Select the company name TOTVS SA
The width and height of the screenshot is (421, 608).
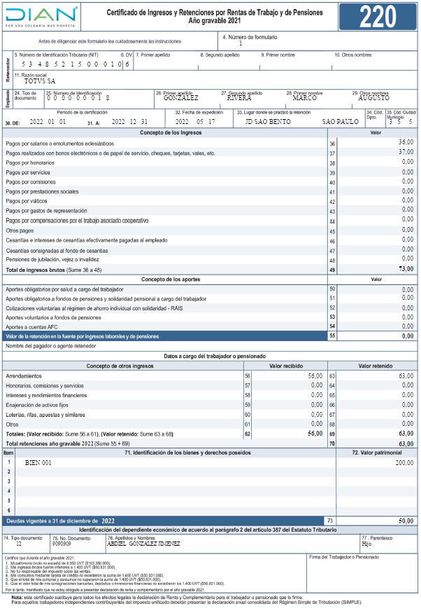[x=39, y=81]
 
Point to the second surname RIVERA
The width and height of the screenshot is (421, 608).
[x=239, y=98]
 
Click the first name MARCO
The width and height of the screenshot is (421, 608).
[x=304, y=98]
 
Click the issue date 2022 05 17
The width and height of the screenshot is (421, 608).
[x=196, y=121]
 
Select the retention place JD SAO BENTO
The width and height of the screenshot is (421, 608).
[x=269, y=121]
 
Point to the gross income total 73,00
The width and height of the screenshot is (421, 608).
[x=406, y=269]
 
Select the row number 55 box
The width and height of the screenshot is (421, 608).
[x=332, y=336]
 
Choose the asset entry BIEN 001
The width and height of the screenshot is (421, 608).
[x=38, y=463]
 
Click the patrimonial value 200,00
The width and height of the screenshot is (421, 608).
[x=404, y=463]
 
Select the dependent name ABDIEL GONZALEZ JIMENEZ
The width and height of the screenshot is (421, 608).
[x=144, y=543]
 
